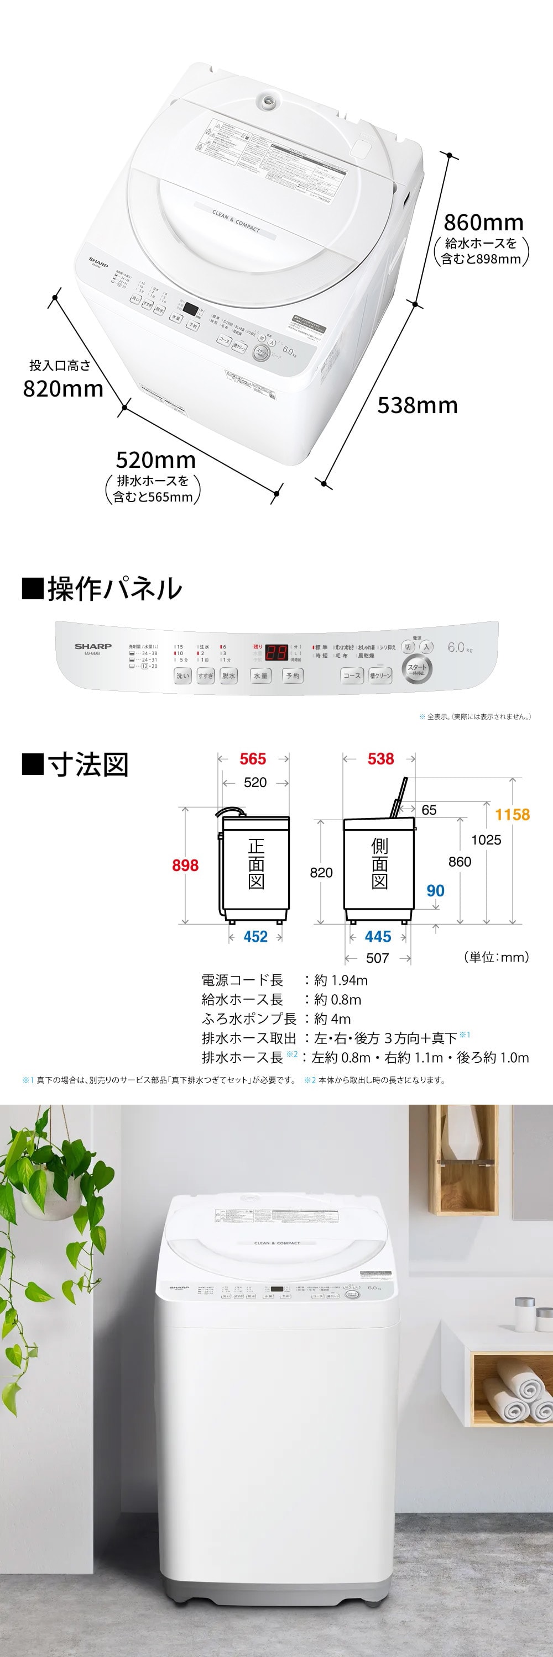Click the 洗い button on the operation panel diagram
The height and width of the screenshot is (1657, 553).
tap(183, 676)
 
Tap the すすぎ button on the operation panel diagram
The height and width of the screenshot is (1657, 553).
tap(205, 676)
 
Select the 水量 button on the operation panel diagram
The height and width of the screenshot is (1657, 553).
tap(260, 676)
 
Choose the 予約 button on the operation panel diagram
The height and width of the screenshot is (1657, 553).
tap(293, 676)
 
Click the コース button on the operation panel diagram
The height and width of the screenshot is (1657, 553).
tap(352, 676)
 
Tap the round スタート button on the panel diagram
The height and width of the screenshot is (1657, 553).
tap(416, 668)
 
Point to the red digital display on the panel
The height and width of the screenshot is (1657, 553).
tap(276, 652)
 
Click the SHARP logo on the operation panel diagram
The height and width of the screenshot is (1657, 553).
tap(93, 646)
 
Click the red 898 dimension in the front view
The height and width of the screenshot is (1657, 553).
tap(185, 865)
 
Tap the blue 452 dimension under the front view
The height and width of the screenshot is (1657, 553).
tap(255, 937)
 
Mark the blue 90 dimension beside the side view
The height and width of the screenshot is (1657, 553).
tap(435, 890)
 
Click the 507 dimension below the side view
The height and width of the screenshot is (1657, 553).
tap(377, 958)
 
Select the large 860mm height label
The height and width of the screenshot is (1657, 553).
tap(483, 223)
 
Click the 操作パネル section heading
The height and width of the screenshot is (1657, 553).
tap(103, 588)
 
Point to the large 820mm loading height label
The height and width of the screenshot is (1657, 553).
tap(63, 388)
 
